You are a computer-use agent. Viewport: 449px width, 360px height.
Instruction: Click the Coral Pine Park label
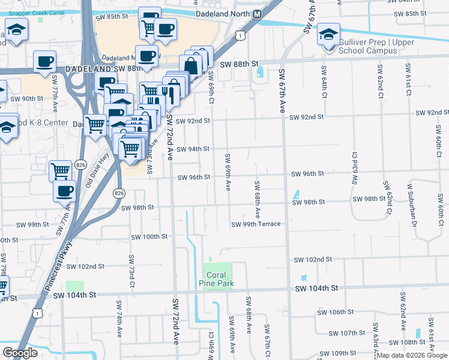217,279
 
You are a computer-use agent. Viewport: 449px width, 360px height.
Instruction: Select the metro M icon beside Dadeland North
257,14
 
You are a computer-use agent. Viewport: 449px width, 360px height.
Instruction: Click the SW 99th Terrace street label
256,224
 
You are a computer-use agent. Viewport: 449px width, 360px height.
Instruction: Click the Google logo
20,353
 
